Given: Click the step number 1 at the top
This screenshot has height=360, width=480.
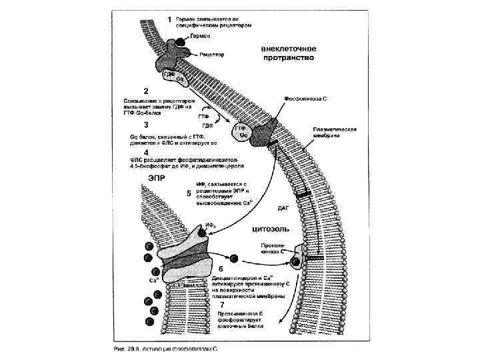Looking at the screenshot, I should coord(169,18).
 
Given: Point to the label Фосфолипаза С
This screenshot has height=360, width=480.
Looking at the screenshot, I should coord(306,98).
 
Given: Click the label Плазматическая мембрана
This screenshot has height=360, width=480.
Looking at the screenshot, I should coord(336,132).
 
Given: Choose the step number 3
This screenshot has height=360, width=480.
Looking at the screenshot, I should coord(145,124).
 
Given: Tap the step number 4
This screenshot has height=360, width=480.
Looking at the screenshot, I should coord(145,151).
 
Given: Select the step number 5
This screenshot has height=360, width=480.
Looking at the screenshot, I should coord(189,193).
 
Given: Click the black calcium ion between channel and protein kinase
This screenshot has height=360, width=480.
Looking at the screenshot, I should coord(234,258).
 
